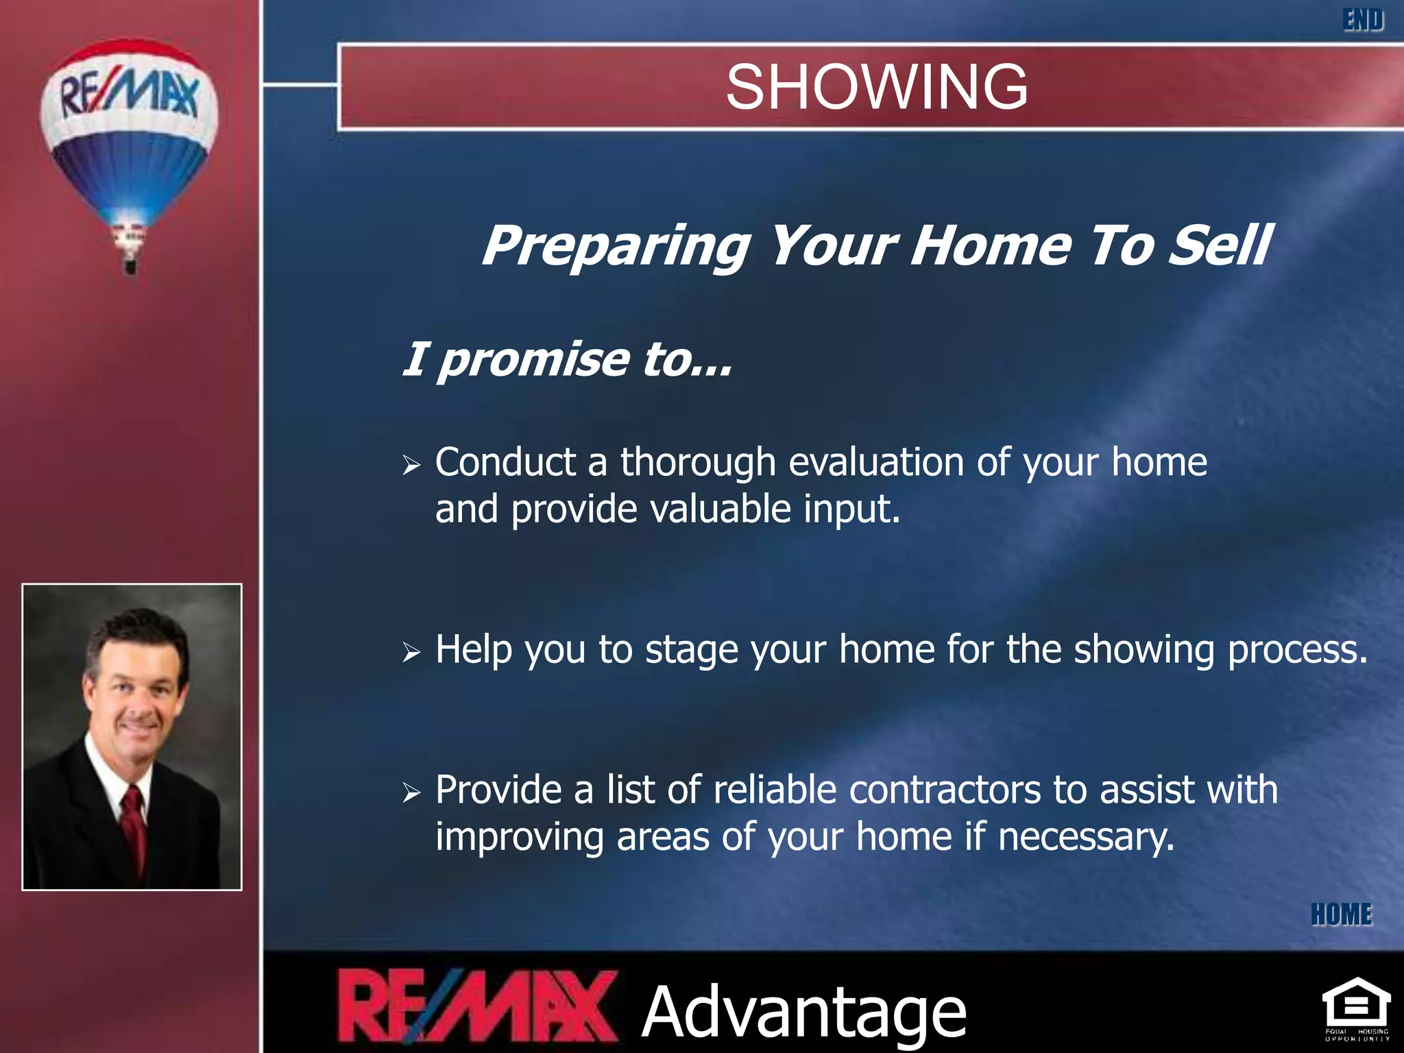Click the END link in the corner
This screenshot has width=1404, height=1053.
point(1363,20)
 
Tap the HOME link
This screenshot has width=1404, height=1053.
point(1341,915)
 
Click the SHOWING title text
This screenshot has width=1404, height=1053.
point(876,87)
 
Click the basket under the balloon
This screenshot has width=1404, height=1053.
point(130,265)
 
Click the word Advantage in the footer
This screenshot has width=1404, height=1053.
point(803,1012)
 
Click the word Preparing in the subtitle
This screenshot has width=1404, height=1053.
point(616,245)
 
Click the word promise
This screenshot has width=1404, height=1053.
point(533,359)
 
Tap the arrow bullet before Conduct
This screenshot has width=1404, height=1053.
point(411,465)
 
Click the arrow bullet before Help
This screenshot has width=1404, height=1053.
point(411,652)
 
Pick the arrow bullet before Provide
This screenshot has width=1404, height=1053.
point(411,792)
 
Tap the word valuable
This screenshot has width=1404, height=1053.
point(720,509)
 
